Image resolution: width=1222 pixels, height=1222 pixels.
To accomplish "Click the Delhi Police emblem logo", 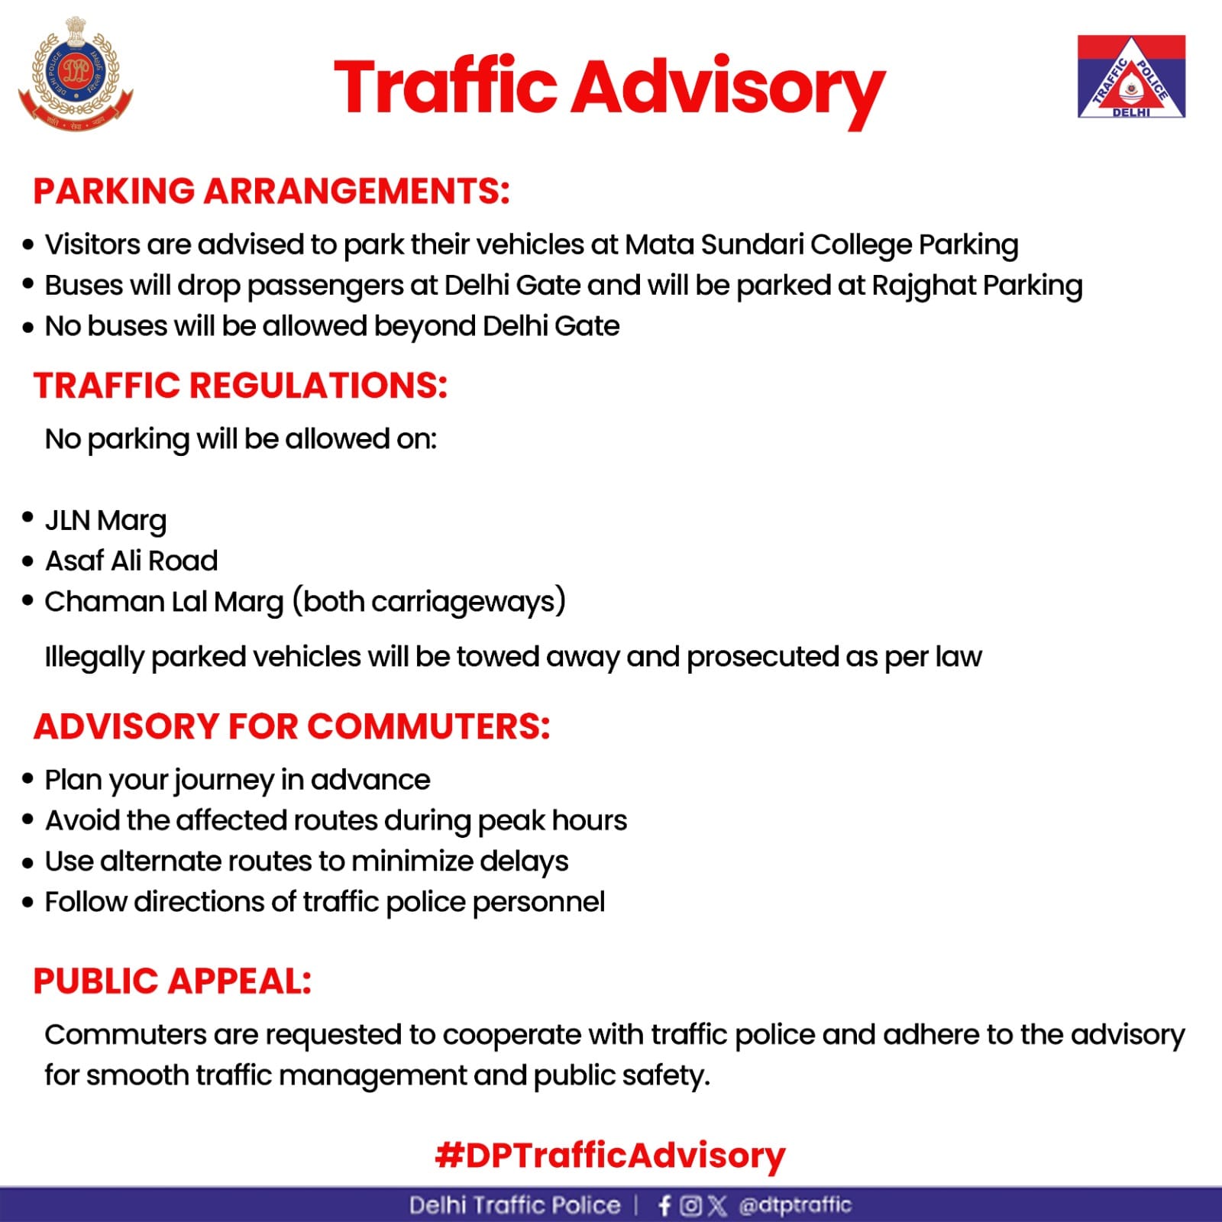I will (x=76, y=75).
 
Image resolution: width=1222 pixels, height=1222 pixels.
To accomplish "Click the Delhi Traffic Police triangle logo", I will (x=1131, y=76).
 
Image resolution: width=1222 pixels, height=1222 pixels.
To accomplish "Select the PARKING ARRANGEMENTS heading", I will (x=271, y=191).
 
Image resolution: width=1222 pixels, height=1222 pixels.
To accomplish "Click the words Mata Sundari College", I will (x=768, y=245).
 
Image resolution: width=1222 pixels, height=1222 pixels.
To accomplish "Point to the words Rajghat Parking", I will (x=977, y=286).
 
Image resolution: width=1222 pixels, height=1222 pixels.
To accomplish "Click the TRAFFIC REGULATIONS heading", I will (x=240, y=386).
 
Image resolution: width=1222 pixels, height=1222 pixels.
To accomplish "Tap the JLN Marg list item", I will (x=105, y=521).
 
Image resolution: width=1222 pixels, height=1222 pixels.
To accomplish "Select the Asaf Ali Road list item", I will (x=131, y=561).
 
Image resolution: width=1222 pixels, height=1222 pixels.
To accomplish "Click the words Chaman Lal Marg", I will (x=164, y=602).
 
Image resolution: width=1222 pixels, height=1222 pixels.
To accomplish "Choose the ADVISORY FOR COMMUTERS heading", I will (x=292, y=726).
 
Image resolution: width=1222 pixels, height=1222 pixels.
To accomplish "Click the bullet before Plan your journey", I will (x=28, y=780).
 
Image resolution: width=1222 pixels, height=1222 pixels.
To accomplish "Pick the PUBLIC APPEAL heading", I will (x=173, y=981).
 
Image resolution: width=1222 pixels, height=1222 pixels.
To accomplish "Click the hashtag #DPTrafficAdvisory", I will (x=609, y=1156).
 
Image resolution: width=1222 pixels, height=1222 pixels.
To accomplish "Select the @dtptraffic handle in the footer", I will (x=794, y=1205).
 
